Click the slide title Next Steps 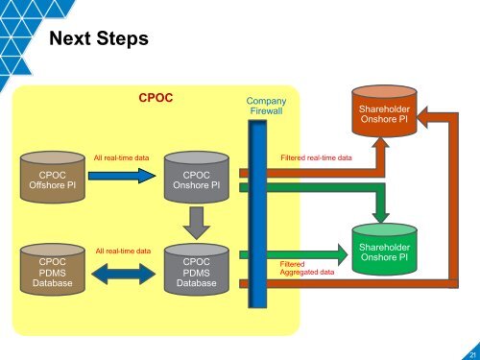[97, 38]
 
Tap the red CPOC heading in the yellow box [156, 98]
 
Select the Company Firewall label [266, 106]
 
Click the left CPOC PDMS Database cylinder [46, 270]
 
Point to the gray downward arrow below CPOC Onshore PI [197, 224]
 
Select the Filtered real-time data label [315, 156]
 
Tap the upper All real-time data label [121, 156]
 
